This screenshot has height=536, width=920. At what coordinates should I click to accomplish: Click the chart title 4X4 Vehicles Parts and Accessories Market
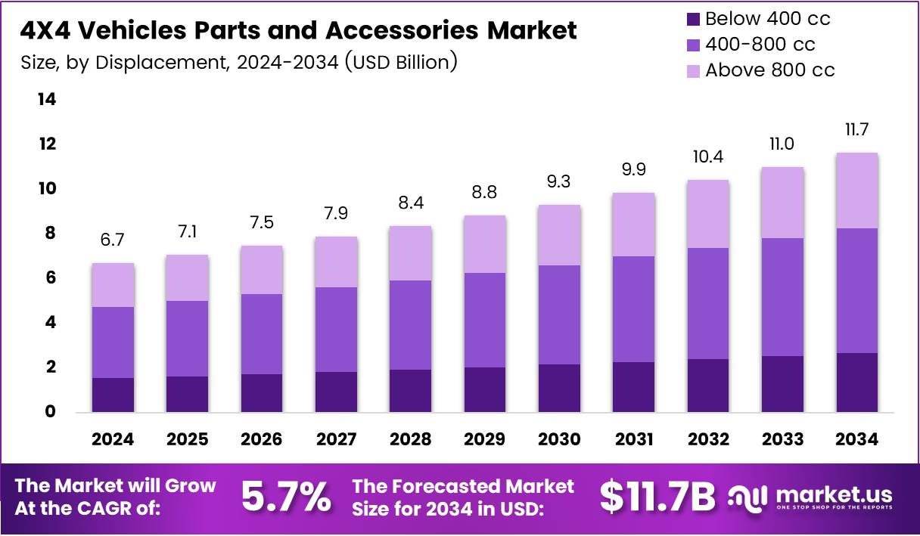298,30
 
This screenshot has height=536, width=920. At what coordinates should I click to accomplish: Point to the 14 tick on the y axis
48,100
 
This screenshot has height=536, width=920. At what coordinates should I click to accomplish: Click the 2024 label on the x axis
113,439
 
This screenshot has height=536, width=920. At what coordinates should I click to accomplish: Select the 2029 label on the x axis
484,439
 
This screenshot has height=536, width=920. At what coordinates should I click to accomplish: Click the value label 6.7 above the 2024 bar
113,240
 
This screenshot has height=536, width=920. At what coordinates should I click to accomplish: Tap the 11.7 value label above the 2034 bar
857,130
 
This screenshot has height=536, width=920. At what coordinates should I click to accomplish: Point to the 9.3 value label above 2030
559,182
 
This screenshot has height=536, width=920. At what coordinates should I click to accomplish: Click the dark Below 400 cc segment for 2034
857,382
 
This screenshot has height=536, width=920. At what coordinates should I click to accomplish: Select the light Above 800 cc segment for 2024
113,285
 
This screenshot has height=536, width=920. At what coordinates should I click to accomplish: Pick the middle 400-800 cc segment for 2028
410,325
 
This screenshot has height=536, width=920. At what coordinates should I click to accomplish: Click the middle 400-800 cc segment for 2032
708,303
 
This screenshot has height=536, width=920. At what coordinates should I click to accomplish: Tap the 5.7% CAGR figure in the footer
286,497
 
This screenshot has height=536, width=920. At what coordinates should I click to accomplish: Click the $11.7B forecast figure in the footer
657,497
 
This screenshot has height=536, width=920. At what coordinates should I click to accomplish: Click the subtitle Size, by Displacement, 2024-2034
238,62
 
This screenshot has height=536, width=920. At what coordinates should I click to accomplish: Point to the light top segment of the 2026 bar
262,270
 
